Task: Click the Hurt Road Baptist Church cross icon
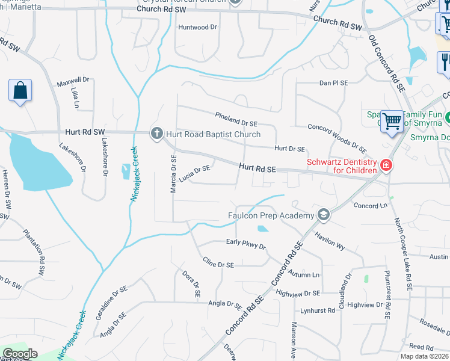click(x=156, y=134)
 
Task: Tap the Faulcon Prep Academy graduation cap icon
click(x=324, y=215)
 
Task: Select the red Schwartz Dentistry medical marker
click(x=386, y=165)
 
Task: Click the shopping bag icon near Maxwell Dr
click(x=20, y=91)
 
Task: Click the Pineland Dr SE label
click(x=236, y=119)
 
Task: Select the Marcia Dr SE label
click(x=173, y=174)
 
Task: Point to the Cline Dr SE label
click(x=218, y=263)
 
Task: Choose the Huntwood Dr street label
click(x=197, y=27)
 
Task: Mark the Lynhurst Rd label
click(x=317, y=310)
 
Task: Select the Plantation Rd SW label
click(x=34, y=251)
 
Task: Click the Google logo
click(x=20, y=354)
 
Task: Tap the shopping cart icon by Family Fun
click(x=392, y=120)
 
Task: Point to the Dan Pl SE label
click(x=333, y=82)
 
